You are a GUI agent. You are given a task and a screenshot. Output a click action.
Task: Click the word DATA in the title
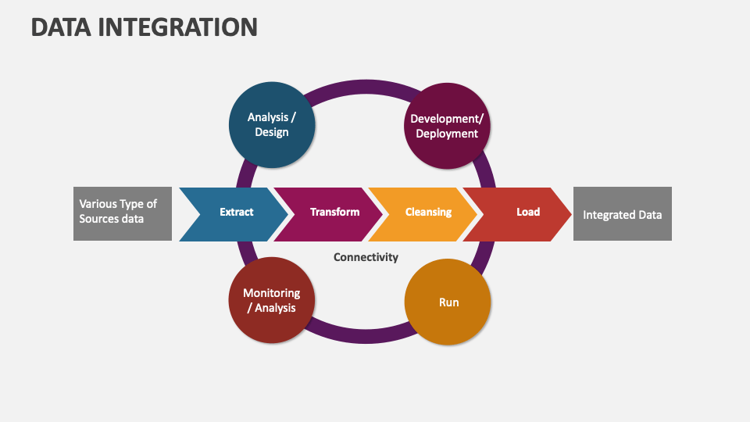click(x=61, y=27)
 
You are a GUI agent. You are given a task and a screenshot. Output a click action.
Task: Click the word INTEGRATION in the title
click(x=178, y=27)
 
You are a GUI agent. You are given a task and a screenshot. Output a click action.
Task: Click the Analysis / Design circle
click(x=272, y=125)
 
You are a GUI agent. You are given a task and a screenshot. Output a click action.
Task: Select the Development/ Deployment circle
click(x=447, y=126)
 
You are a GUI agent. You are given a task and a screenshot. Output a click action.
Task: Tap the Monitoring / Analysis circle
click(x=272, y=300)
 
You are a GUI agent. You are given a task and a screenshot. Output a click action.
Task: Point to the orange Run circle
click(x=448, y=302)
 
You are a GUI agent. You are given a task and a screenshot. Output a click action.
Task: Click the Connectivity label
click(x=366, y=257)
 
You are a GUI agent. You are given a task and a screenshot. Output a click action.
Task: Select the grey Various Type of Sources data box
click(x=123, y=214)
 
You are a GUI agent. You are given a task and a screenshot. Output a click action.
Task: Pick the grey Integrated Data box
click(x=623, y=214)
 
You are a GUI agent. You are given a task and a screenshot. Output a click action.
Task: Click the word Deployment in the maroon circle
click(x=447, y=134)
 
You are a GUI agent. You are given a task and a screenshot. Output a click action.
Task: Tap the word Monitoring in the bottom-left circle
click(x=272, y=293)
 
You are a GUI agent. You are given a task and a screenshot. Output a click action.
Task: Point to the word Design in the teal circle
click(x=272, y=132)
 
